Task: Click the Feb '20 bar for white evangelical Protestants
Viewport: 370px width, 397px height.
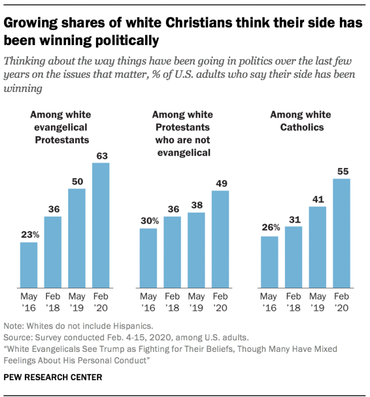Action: [101, 225]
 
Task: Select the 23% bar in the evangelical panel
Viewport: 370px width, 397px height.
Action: [29, 265]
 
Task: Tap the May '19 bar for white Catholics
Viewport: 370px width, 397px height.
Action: [317, 247]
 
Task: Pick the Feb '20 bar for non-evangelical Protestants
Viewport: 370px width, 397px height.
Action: [221, 239]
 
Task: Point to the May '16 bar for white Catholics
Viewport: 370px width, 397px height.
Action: [269, 262]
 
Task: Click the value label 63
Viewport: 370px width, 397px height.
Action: [101, 155]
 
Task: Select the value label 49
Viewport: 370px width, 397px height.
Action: [221, 183]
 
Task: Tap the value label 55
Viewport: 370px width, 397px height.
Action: [342, 171]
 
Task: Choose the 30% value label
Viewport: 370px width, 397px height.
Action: [149, 220]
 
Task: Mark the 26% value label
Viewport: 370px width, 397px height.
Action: [270, 228]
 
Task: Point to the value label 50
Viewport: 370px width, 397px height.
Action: [77, 181]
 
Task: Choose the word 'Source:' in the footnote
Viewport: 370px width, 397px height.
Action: [17, 337]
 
